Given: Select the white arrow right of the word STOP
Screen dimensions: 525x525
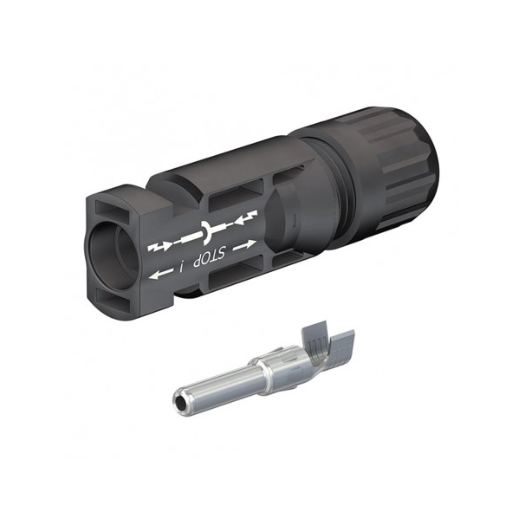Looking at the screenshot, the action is (x=244, y=245).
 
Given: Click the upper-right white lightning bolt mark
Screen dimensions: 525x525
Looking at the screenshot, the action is (x=247, y=217).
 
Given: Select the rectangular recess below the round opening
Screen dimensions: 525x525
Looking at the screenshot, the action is (x=113, y=299).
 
